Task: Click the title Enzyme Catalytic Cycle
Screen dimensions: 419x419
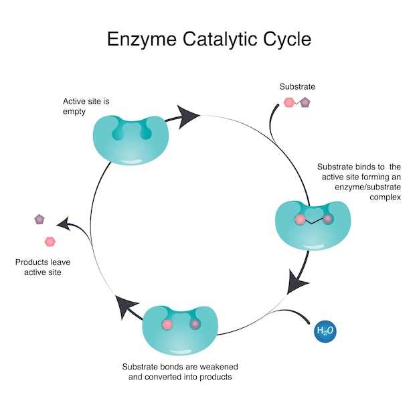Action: click(209, 39)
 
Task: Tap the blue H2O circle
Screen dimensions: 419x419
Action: click(325, 331)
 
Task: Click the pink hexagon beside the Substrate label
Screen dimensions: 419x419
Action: click(289, 103)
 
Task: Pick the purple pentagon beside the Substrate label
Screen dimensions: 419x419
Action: click(305, 102)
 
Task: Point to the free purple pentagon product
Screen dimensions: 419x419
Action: click(39, 219)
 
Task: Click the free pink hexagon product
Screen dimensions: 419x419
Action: click(50, 241)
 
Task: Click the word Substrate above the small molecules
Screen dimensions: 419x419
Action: click(297, 86)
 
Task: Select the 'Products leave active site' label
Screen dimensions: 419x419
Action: click(43, 267)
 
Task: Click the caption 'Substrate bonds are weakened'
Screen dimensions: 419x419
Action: click(180, 367)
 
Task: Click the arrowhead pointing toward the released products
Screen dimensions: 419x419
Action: click(63, 224)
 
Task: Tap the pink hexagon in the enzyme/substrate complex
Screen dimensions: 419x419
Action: click(300, 220)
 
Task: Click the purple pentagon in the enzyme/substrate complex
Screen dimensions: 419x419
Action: click(328, 219)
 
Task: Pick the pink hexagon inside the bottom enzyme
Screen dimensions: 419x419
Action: click(167, 324)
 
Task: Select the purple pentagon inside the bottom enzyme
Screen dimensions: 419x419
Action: click(195, 324)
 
